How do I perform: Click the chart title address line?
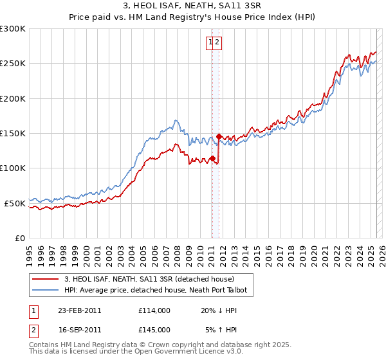click(193, 5)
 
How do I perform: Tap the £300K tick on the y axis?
click(13, 29)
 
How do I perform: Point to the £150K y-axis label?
click(13, 134)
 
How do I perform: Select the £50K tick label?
click(15, 203)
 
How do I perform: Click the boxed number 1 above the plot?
click(210, 42)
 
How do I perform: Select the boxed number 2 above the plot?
click(217, 42)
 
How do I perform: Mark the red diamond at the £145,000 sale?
click(219, 136)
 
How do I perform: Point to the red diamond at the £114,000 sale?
click(212, 158)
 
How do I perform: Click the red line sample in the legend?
click(45, 279)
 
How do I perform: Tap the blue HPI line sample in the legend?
click(45, 291)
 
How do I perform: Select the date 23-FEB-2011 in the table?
click(79, 310)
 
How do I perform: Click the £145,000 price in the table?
click(154, 329)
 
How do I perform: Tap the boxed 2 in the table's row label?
click(33, 329)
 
